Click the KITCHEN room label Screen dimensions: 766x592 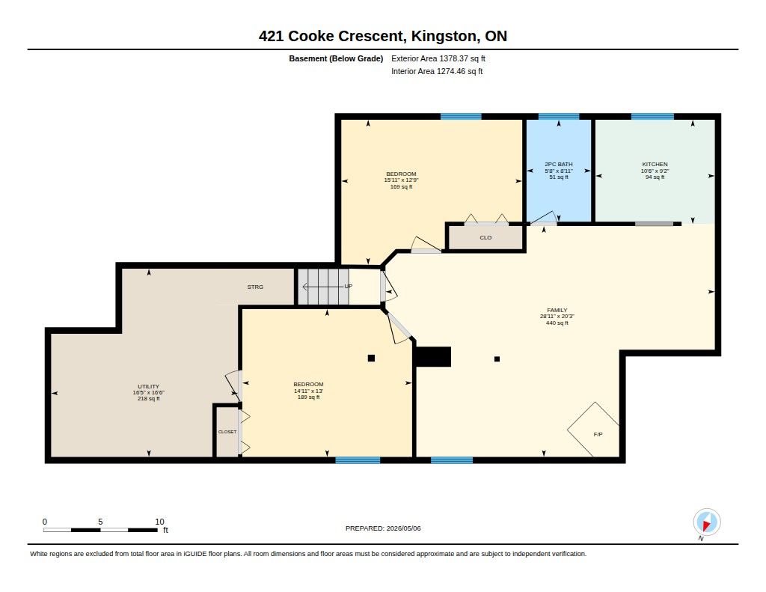point(655,164)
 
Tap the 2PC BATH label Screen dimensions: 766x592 point(558,164)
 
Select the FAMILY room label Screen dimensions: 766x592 point(557,310)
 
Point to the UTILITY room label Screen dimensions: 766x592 point(149,386)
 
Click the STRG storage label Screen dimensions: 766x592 point(255,287)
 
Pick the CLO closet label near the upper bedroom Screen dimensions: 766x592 point(485,237)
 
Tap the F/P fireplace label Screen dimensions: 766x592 point(598,434)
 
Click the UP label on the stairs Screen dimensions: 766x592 point(349,286)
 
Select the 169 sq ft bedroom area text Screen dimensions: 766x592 point(401,187)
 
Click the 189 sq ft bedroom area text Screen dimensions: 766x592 point(308,397)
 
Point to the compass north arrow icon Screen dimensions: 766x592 point(706,522)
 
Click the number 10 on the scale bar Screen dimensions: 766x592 point(160,522)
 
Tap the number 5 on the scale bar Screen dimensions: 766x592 point(100,522)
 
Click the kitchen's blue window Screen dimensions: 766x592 point(652,116)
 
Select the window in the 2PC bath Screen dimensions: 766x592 point(559,116)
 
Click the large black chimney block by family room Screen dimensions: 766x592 point(432,356)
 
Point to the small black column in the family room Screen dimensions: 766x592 point(497,358)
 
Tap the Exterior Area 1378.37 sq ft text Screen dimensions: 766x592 point(438,58)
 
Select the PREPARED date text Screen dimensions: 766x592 point(383,528)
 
